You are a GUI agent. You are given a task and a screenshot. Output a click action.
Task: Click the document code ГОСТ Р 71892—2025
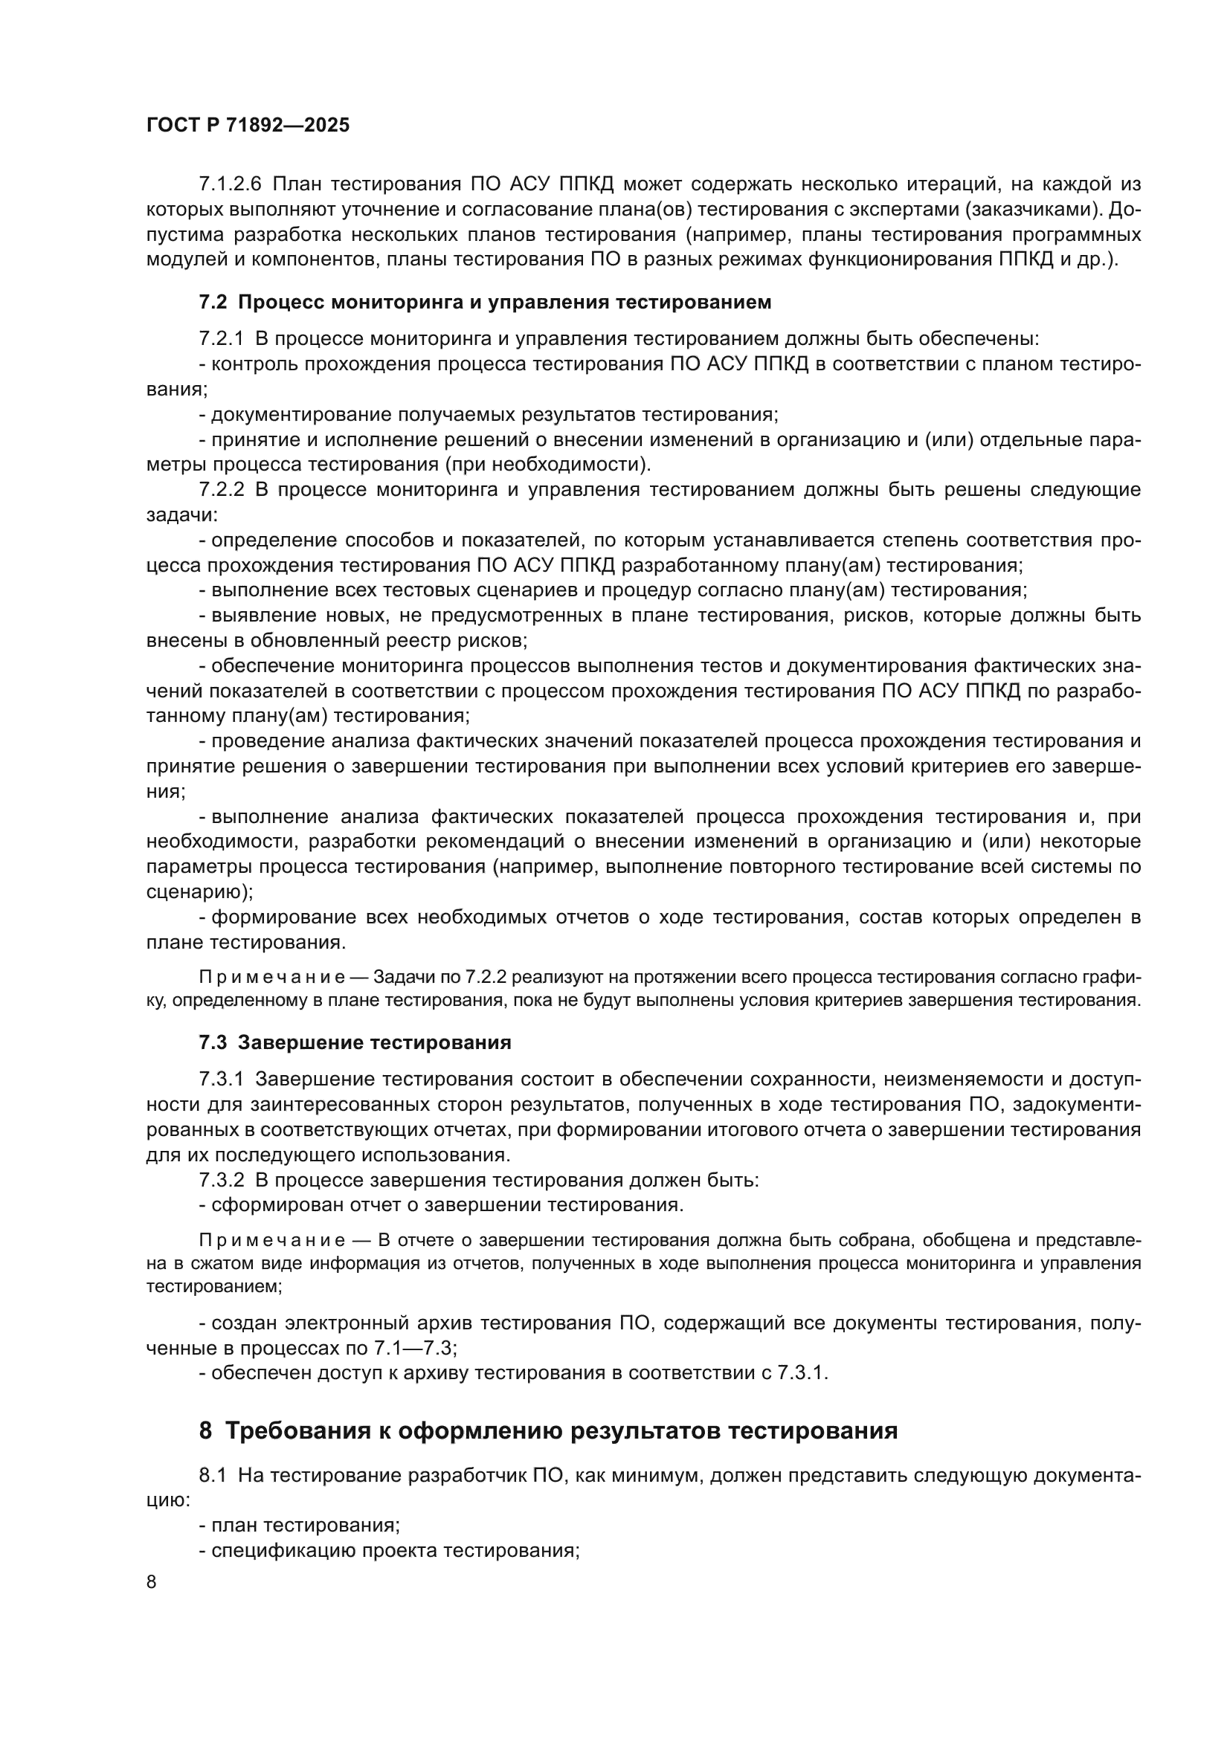pyautogui.click(x=248, y=126)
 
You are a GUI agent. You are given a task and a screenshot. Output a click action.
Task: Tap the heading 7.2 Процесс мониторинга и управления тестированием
pyautogui.click(x=485, y=302)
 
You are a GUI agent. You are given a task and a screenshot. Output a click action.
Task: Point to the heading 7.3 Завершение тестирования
pyautogui.click(x=355, y=1042)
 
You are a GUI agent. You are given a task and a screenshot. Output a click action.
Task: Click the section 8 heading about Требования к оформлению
pyautogui.click(x=547, y=1430)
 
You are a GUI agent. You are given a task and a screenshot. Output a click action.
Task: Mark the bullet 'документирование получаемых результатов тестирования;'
pyautogui.click(x=489, y=414)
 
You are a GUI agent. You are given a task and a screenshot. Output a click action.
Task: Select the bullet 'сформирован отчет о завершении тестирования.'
pyautogui.click(x=442, y=1205)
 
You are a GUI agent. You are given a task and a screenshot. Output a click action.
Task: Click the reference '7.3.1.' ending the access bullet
pyautogui.click(x=803, y=1373)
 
